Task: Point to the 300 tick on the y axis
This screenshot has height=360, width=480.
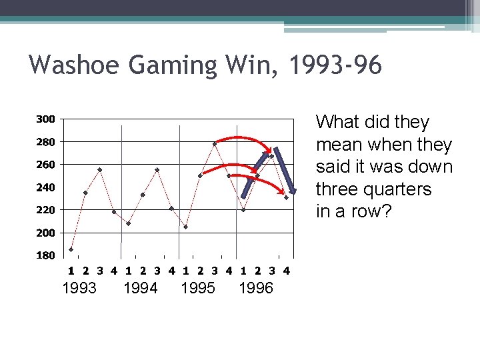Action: [46, 119]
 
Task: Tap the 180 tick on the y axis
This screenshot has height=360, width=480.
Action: [46, 255]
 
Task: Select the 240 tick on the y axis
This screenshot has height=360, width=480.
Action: [46, 187]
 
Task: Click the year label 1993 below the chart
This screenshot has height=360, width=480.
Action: [79, 289]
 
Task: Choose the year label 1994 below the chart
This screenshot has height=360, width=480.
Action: [141, 289]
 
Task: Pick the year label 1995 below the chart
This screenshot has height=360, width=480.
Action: [198, 289]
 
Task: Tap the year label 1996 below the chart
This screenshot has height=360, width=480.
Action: [256, 289]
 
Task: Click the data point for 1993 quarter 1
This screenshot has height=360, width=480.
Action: [71, 249]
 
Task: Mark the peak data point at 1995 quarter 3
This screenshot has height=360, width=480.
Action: [215, 143]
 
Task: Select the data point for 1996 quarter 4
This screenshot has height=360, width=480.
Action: [286, 197]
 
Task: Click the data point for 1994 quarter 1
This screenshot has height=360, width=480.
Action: [129, 223]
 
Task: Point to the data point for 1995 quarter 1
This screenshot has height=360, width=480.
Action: [186, 227]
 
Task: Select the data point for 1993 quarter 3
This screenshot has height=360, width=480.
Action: [100, 169]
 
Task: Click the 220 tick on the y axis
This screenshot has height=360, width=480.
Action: [46, 210]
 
